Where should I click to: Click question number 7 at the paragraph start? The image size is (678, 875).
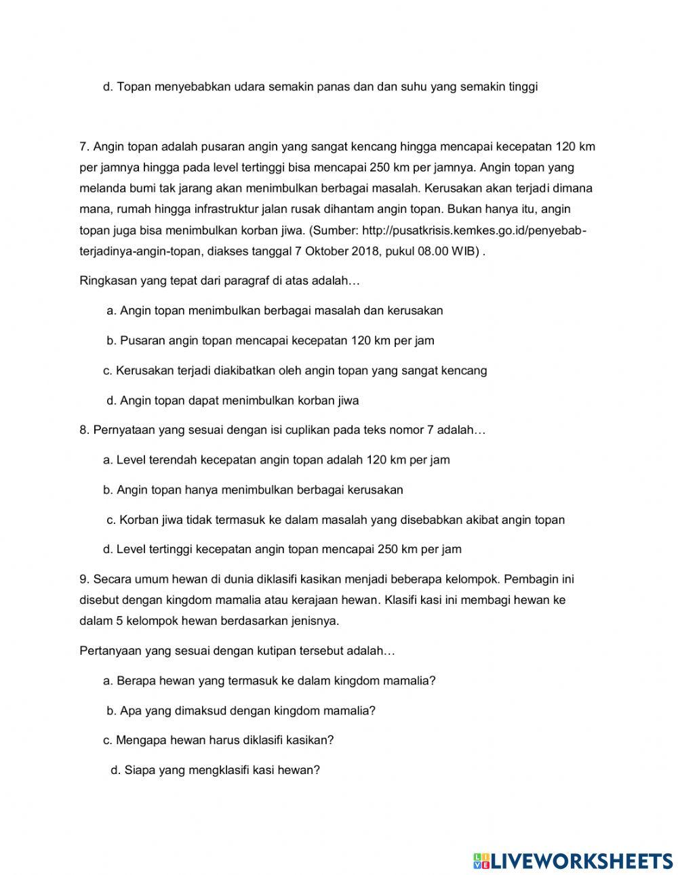click(x=84, y=146)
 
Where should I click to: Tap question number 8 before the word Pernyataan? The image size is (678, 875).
click(x=84, y=430)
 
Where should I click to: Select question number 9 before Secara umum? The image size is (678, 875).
click(x=84, y=579)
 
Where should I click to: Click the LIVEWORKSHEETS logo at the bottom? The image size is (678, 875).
click(x=572, y=860)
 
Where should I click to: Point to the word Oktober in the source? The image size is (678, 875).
click(x=327, y=251)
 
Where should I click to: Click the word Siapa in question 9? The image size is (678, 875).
click(x=140, y=771)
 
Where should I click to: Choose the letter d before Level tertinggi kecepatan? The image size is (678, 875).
click(x=107, y=550)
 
